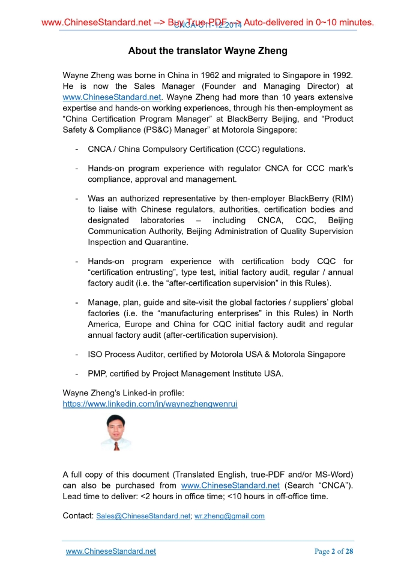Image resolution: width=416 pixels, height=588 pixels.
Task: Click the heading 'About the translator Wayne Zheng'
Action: pyautogui.click(x=208, y=51)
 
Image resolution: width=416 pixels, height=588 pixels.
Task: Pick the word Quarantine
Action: pyautogui.click(x=166, y=242)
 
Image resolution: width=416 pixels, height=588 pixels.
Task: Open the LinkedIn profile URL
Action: pyautogui.click(x=150, y=404)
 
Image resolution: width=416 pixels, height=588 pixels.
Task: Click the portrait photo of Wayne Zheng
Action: pyautogui.click(x=115, y=433)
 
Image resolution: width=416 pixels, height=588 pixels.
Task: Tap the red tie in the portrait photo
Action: pyautogui.click(x=116, y=446)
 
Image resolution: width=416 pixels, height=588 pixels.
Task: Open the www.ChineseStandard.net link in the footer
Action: pyautogui.click(x=111, y=551)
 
